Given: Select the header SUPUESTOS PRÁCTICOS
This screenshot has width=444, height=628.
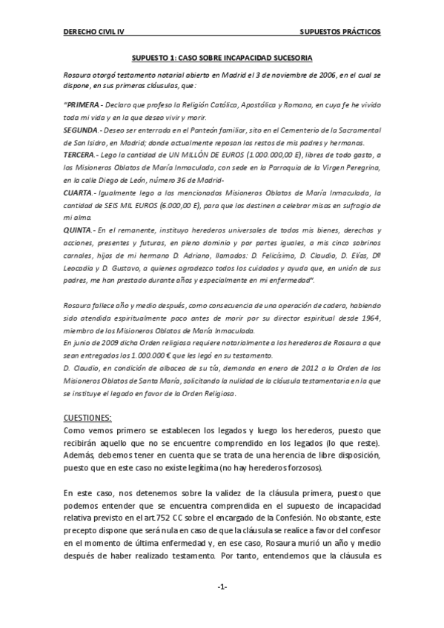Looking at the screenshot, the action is (340, 33).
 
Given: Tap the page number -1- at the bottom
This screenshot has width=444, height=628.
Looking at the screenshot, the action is (222, 587).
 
